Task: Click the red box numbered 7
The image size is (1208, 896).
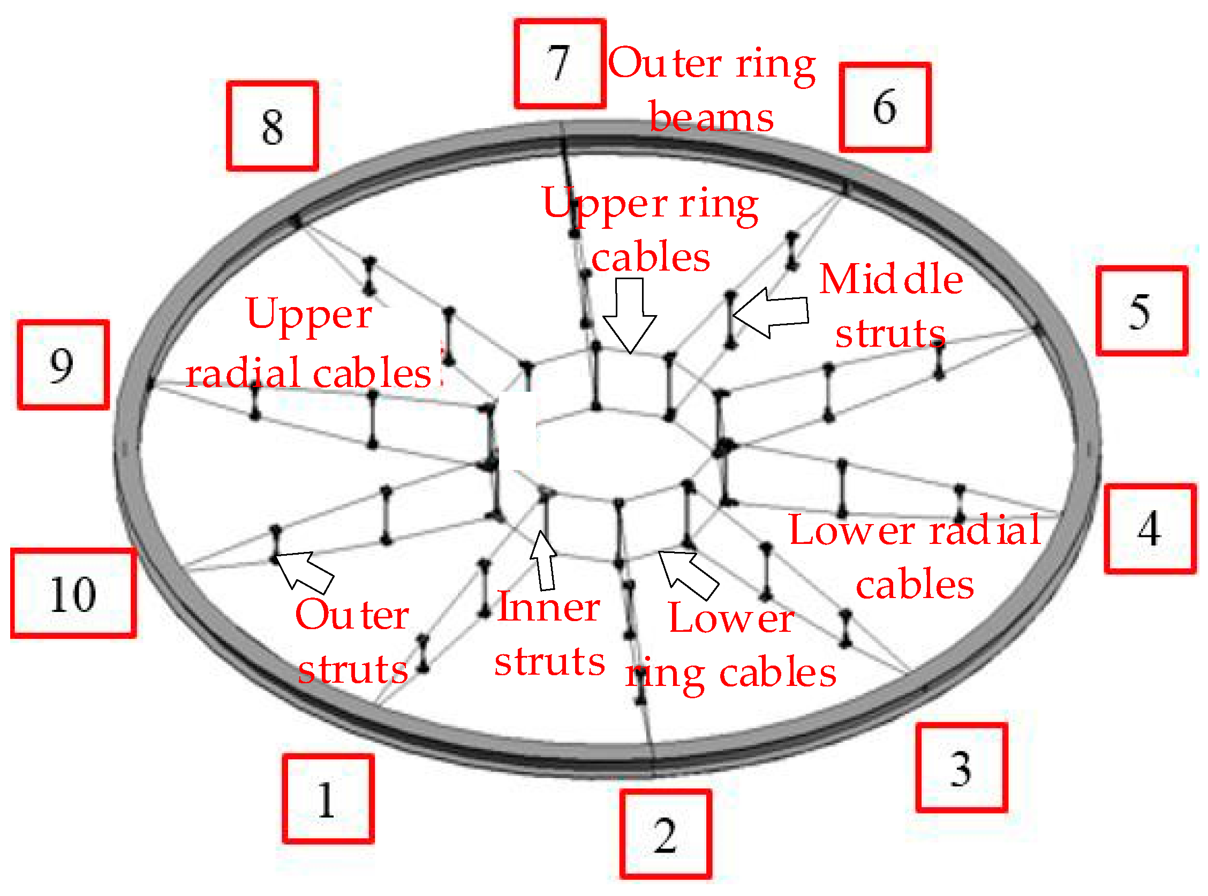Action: click(560, 64)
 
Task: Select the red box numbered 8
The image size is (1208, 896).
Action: click(272, 126)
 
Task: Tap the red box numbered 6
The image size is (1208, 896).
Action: click(885, 107)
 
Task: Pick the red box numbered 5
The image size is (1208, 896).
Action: click(1142, 311)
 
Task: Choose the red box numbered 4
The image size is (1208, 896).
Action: click(1150, 529)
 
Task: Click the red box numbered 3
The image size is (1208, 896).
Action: click(961, 768)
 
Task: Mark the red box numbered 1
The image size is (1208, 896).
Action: click(328, 799)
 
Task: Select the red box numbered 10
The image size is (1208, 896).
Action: click(73, 593)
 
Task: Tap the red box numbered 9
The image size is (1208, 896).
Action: click(63, 364)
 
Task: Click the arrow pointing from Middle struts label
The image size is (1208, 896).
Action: click(771, 313)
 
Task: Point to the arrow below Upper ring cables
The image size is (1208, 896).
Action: click(630, 315)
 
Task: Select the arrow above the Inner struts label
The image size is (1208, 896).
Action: click(544, 561)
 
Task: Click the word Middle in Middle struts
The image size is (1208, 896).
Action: click(891, 280)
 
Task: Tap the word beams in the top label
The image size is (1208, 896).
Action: click(711, 117)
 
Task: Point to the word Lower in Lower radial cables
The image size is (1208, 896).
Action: click(852, 531)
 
